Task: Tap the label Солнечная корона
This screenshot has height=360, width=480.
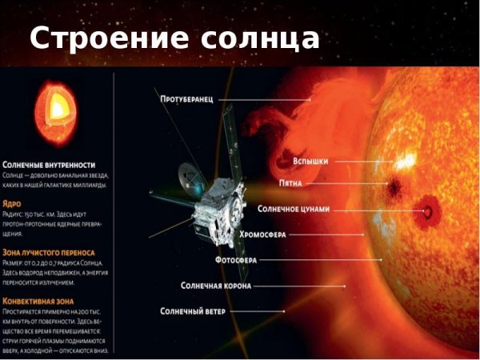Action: click(x=216, y=286)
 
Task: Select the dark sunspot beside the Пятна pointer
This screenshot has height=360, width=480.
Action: click(x=394, y=186)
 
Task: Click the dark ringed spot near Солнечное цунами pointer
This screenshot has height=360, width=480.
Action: click(x=430, y=212)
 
